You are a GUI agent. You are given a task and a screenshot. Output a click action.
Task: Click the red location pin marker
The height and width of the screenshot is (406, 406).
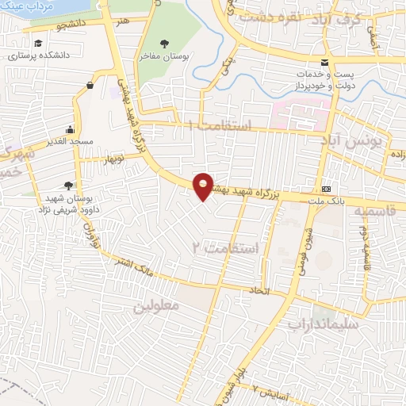[x=204, y=186]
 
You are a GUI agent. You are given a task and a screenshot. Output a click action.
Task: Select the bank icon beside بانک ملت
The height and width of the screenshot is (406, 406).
[x=327, y=189]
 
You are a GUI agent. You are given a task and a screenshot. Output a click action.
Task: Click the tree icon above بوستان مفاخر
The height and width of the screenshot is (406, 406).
[x=165, y=44]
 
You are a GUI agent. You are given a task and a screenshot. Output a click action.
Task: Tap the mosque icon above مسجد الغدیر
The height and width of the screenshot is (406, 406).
[x=71, y=130]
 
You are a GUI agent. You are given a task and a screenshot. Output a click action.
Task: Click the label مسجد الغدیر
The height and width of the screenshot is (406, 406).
[x=69, y=141]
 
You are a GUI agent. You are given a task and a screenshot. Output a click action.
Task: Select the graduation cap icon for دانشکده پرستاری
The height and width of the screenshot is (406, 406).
[x=39, y=44]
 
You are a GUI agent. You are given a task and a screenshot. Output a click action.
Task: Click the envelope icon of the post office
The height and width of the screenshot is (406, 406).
[x=324, y=63]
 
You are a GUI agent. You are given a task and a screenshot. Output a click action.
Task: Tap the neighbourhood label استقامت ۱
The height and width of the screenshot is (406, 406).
[x=220, y=126]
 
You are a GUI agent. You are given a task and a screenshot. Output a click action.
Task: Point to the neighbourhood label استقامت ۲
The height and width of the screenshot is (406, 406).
[x=226, y=249]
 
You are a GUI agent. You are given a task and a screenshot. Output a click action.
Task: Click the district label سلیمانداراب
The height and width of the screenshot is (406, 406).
[x=324, y=324]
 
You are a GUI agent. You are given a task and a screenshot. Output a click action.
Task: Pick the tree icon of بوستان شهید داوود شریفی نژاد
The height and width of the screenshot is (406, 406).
[x=77, y=186]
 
